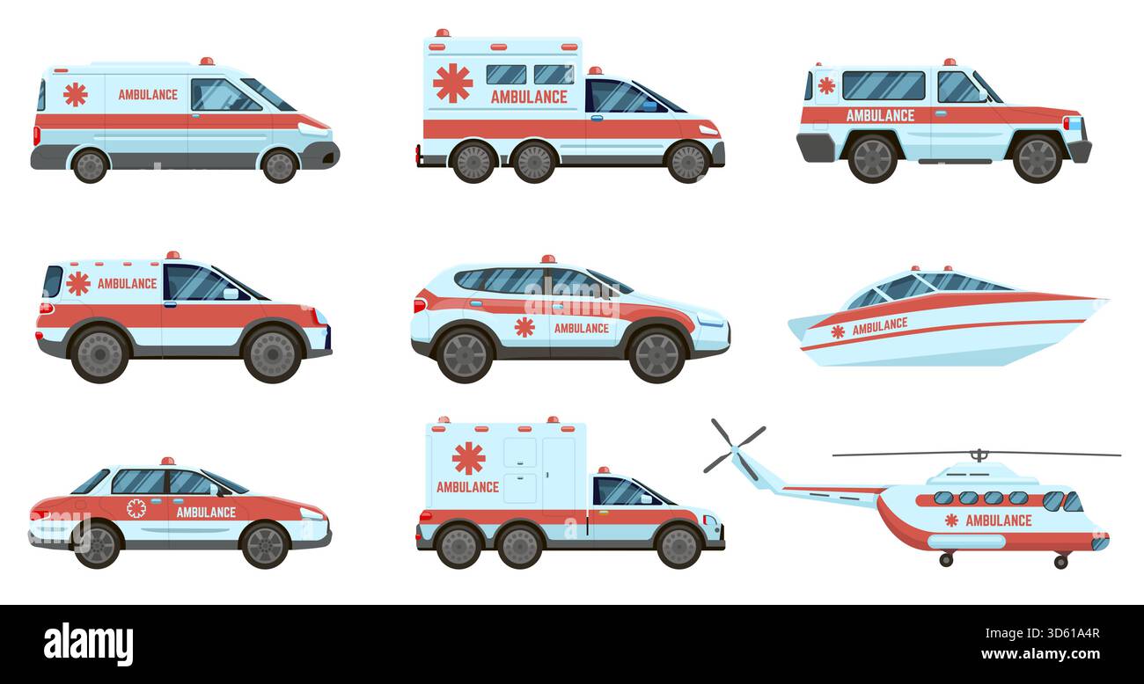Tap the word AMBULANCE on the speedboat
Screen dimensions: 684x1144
(879, 326)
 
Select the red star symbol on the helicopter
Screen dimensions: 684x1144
(950, 520)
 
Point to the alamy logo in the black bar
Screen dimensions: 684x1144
(88, 644)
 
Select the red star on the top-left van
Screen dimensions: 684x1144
(76, 94)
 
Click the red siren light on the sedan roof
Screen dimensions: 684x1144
(167, 462)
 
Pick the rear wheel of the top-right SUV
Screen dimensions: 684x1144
(871, 158)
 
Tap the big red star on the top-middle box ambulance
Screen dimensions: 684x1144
(452, 83)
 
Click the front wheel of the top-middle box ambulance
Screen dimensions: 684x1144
(687, 162)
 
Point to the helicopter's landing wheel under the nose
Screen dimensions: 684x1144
(1060, 561)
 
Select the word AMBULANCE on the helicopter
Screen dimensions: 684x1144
(998, 520)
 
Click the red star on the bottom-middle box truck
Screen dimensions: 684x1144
(468, 457)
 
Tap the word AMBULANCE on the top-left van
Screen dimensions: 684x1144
(148, 94)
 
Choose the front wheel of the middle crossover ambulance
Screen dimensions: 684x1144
(656, 354)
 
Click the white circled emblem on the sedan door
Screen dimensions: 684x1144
(136, 508)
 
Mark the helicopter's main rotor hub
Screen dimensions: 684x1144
(977, 455)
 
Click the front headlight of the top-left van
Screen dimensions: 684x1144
(312, 128)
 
